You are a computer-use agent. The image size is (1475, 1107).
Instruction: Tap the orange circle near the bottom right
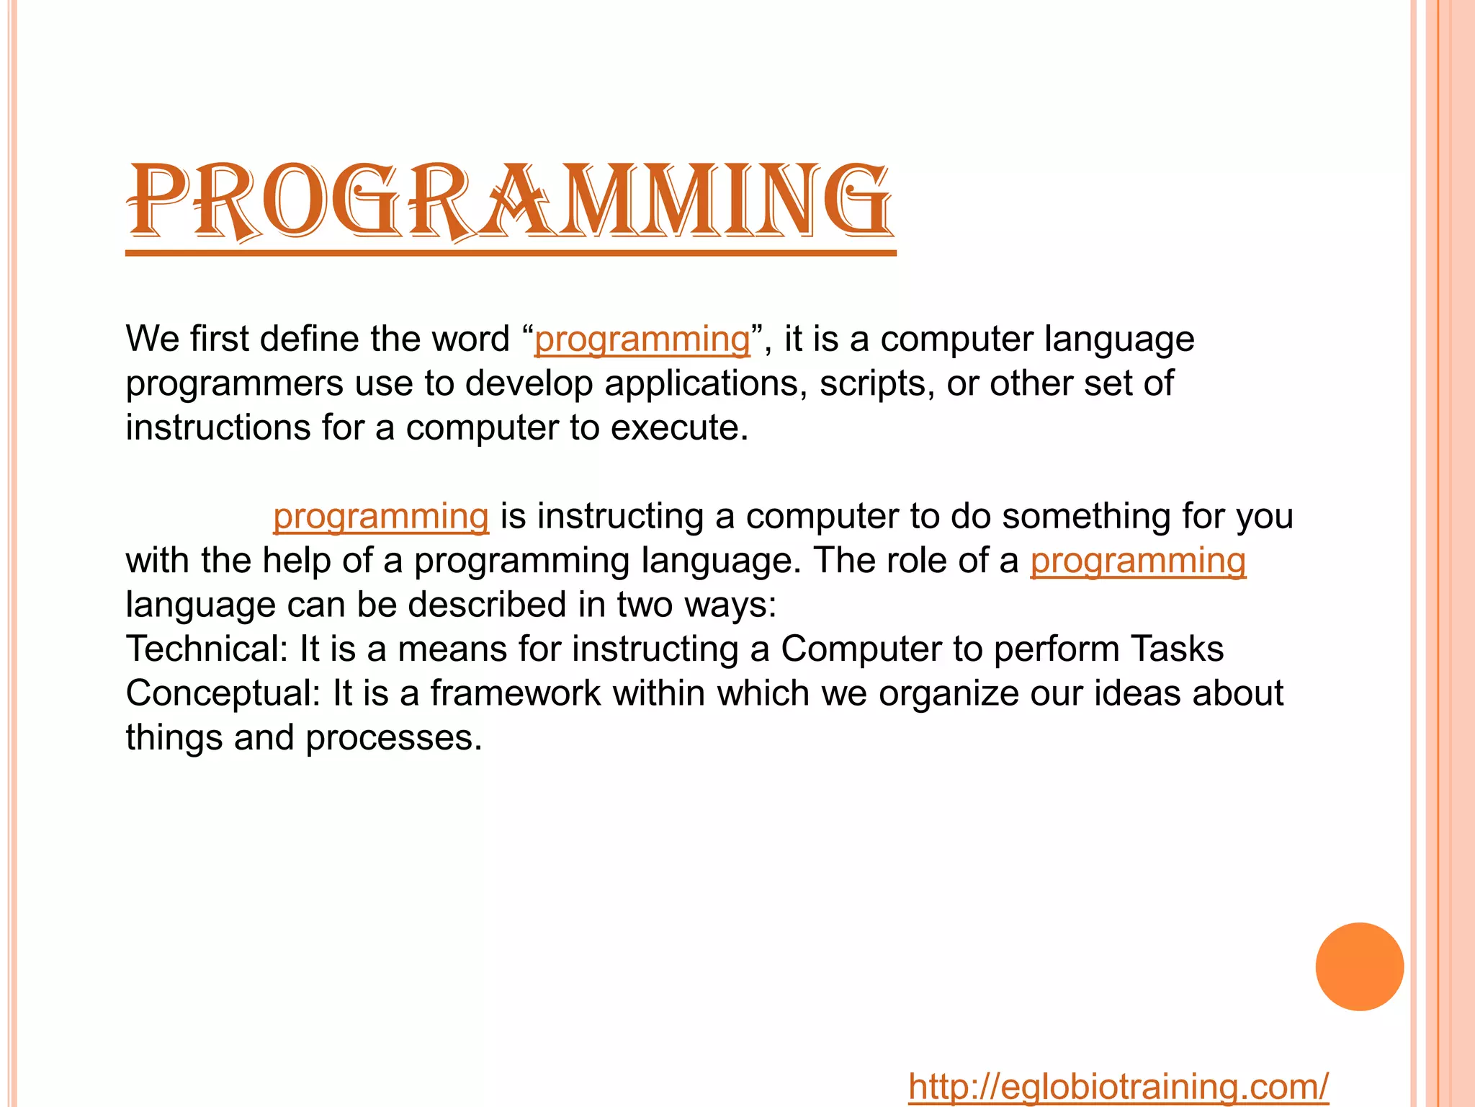coord(1359,966)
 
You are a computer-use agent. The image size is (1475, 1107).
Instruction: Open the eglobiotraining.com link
coord(1118,1087)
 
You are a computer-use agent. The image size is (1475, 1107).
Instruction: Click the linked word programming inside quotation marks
coord(642,339)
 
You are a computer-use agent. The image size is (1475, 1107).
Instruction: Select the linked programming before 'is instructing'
coord(381,517)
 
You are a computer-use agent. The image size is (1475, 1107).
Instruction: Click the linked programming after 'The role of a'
coord(1137,561)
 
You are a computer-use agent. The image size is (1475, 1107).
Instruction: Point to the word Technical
coord(207,649)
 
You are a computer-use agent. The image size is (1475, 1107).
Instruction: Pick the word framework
coord(515,693)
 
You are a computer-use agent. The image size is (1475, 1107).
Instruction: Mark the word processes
coord(393,738)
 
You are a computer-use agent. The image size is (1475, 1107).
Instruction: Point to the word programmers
coord(235,383)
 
